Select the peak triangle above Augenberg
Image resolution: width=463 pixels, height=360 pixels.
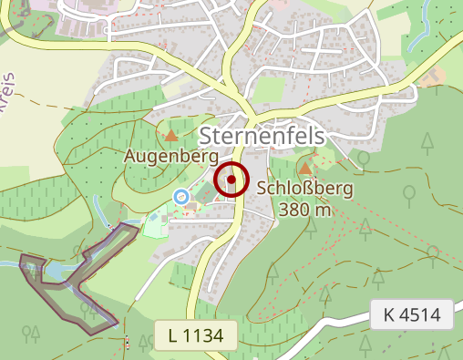(171, 136)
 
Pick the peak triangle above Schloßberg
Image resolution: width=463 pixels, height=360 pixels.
(304, 169)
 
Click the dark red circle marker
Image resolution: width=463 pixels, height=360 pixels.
(231, 180)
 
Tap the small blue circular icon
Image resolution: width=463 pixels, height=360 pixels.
(180, 196)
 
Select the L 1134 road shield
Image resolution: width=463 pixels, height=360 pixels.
(196, 335)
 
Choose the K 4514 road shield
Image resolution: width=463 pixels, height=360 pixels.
(412, 315)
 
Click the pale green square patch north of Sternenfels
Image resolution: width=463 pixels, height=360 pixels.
(270, 89)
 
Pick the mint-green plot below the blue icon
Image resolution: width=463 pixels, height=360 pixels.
(157, 220)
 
